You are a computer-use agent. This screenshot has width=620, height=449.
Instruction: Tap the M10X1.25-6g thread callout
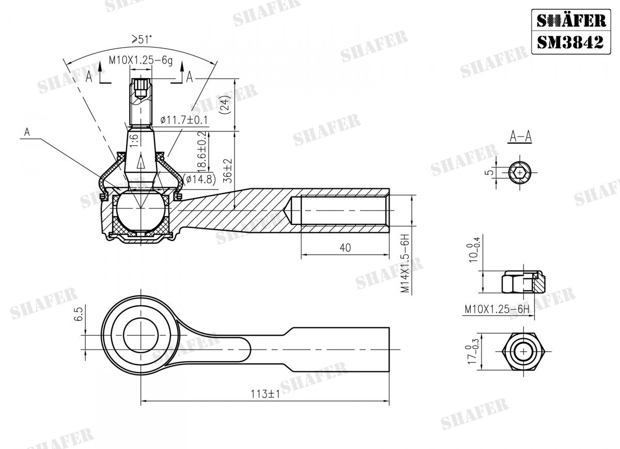[140, 61]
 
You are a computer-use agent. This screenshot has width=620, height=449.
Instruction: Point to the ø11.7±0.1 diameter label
[184, 119]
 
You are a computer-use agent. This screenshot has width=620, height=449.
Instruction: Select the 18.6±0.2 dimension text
[203, 150]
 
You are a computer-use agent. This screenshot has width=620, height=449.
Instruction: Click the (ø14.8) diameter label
[199, 179]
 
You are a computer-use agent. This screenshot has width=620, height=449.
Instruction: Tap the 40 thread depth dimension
[345, 248]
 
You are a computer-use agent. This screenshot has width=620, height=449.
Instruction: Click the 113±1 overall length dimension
[267, 394]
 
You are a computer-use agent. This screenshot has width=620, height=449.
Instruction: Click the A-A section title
[520, 137]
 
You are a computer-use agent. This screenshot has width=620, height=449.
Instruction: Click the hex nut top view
[524, 352]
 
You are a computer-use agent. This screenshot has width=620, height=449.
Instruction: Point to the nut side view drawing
[522, 282]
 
